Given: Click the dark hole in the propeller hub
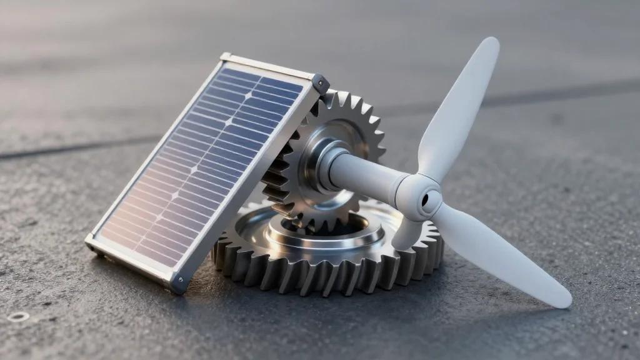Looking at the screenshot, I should pyautogui.click(x=426, y=200).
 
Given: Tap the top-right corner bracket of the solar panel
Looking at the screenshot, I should pyautogui.click(x=319, y=83).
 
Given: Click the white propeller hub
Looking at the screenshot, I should pyautogui.click(x=417, y=197).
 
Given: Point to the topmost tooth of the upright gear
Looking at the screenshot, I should pyautogui.click(x=343, y=97).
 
